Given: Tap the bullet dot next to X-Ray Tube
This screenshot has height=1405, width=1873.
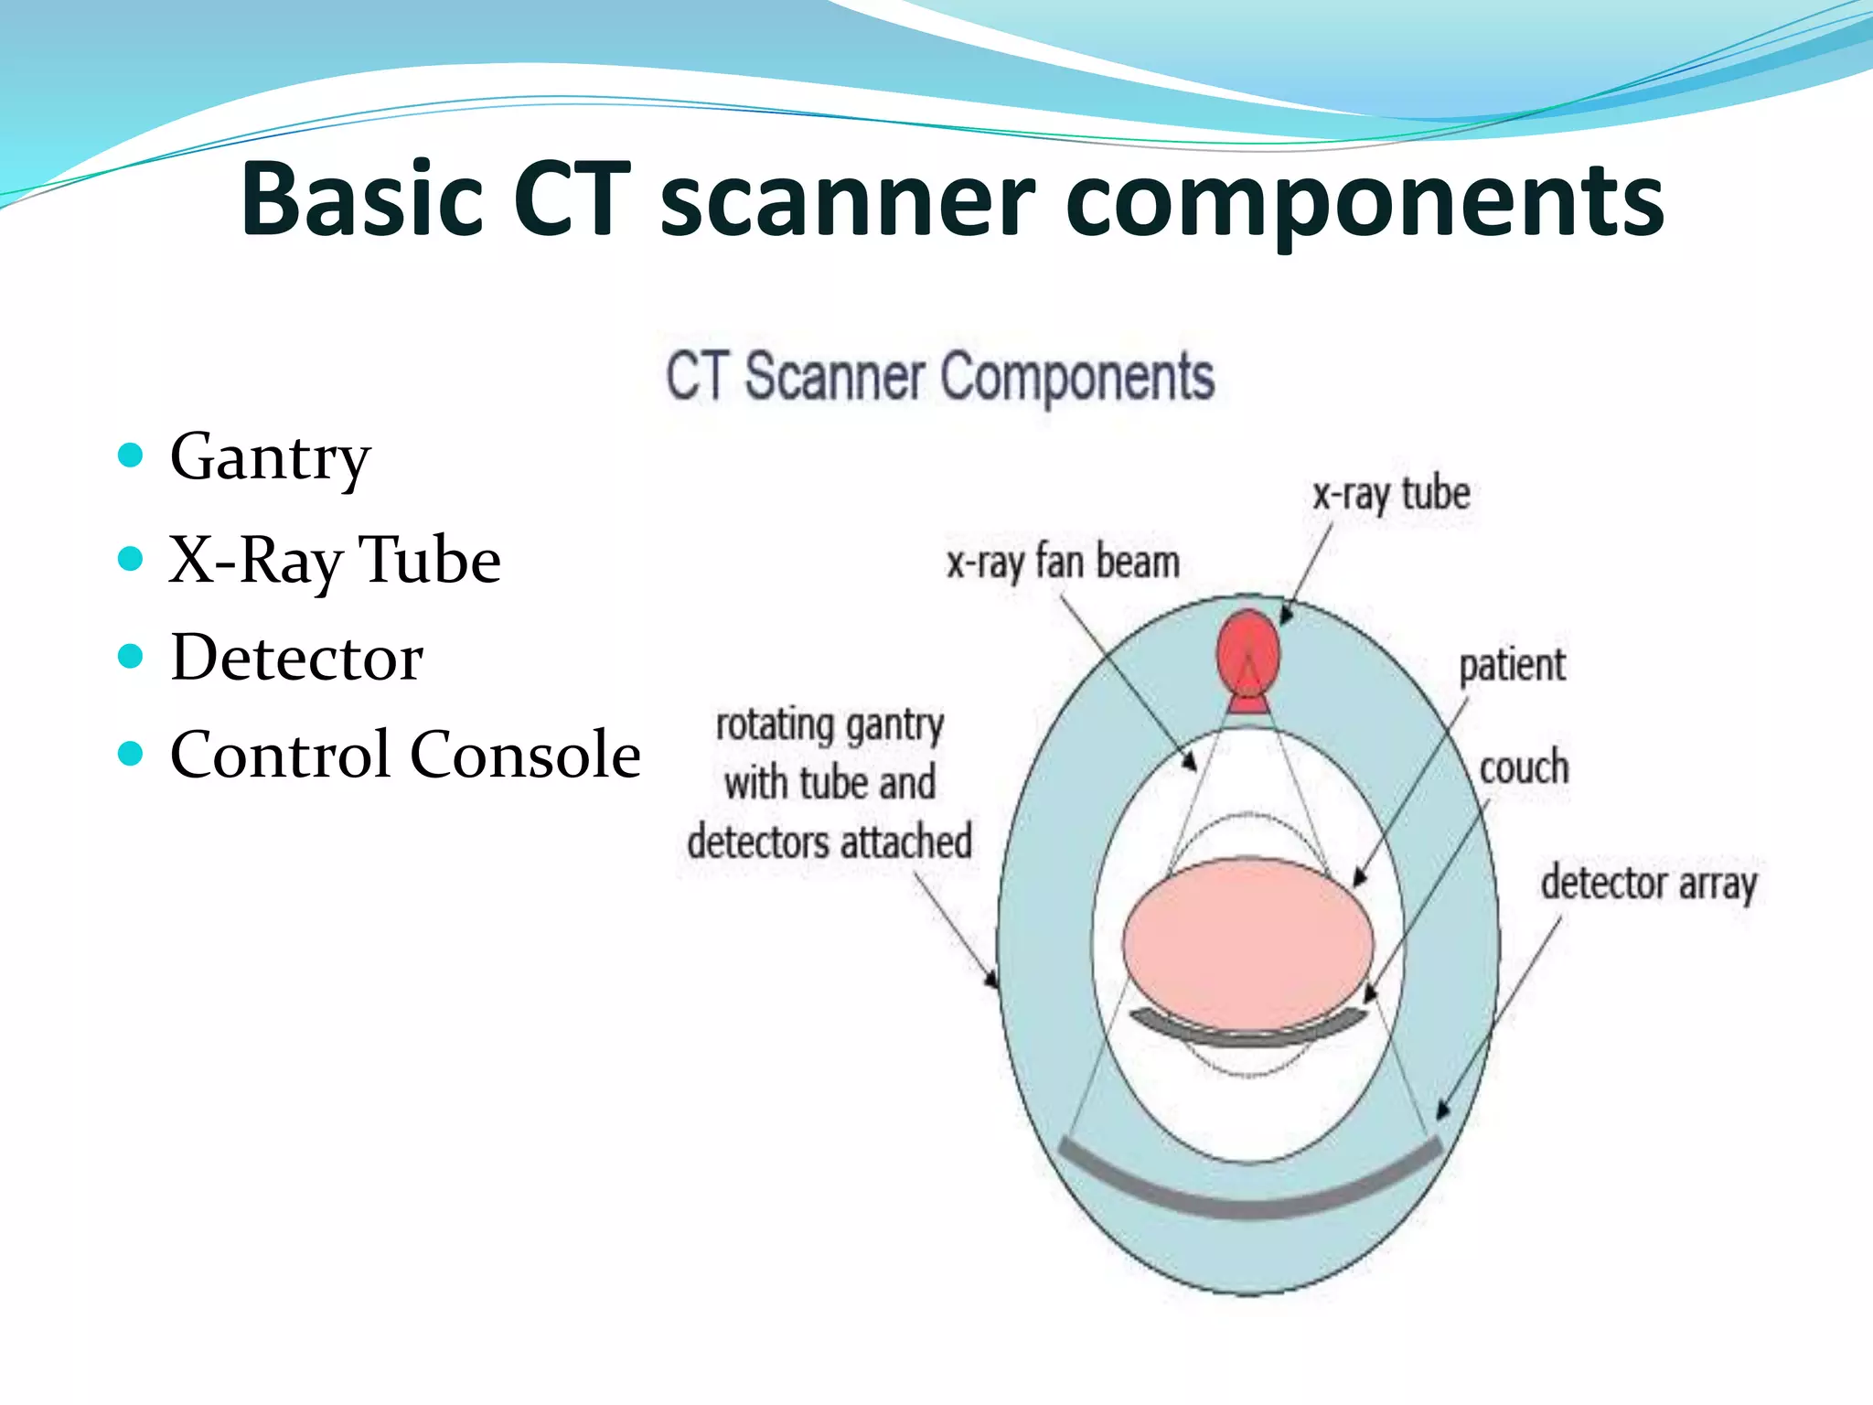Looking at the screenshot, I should coord(131,558).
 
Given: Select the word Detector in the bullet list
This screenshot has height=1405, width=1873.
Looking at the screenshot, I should coord(296,658).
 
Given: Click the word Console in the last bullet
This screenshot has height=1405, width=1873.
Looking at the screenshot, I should coord(525,755).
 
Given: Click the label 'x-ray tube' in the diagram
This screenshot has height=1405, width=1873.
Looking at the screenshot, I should coord(1391,495).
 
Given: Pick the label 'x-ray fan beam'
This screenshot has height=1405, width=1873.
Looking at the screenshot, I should coord(1063,562).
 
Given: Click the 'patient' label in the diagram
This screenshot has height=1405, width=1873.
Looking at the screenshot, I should coord(1512,665).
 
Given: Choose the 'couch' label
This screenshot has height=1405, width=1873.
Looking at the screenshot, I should coord(1524,767).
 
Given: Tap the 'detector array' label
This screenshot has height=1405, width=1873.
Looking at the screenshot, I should coord(1649,884).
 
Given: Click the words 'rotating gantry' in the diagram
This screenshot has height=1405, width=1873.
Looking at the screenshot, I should coord(829,725).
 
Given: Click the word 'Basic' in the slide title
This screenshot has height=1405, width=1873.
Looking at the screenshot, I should coord(362,200).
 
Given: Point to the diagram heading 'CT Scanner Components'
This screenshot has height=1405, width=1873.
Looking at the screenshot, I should coord(940,376).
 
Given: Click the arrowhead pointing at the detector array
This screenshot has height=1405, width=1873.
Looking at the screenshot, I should coord(1442,1110).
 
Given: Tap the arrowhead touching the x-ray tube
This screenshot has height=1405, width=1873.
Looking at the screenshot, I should coord(1285,615).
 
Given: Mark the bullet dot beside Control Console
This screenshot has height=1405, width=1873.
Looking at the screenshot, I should coord(131,754).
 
